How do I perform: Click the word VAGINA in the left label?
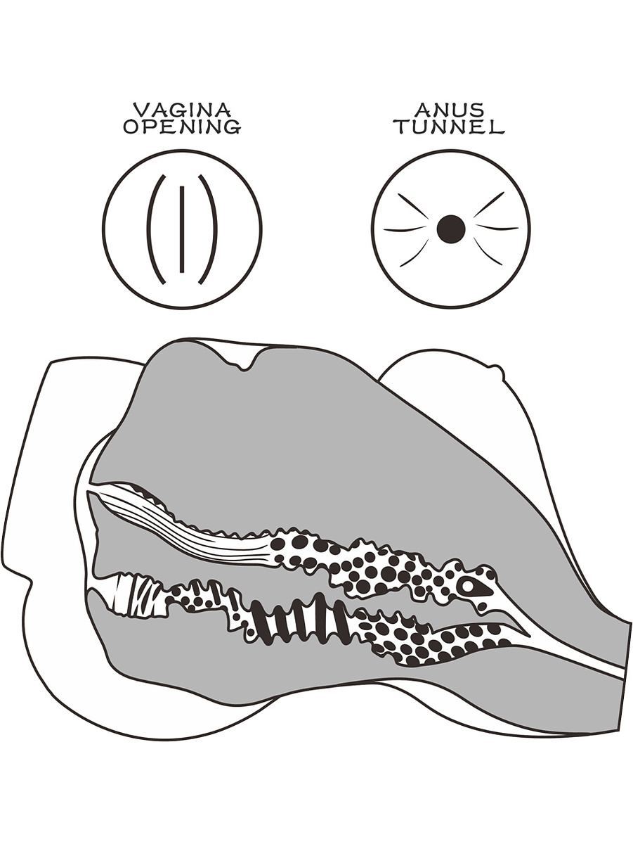coord(182,110)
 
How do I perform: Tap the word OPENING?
coord(182,127)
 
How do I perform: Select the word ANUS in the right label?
coord(450,110)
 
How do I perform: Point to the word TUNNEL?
coord(450,127)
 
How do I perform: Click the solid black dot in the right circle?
coord(451,229)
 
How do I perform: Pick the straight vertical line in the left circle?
coord(182,229)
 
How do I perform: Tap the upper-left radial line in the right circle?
coord(412,206)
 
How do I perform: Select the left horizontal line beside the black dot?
coord(405,230)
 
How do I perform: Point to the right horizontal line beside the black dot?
coord(497,228)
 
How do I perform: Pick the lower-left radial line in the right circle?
coord(415,253)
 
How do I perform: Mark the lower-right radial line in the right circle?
coord(488,252)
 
